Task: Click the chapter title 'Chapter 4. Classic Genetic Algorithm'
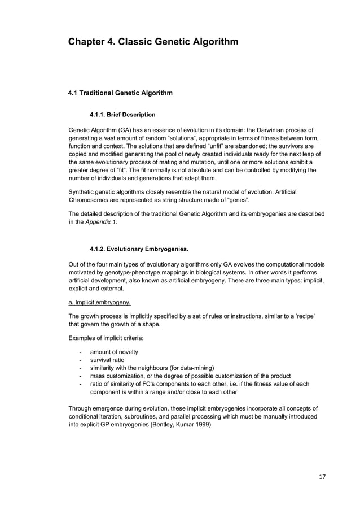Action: coord(153,42)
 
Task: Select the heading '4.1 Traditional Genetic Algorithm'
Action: coord(120,93)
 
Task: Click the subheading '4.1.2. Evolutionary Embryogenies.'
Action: coord(139,249)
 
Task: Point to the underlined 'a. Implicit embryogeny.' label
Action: coord(99,302)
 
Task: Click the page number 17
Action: coord(322,477)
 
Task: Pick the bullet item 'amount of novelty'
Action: coord(114,352)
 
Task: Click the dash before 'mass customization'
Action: coord(82,376)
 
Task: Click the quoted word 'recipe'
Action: coord(303,317)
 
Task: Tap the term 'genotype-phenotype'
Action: coord(125,272)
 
